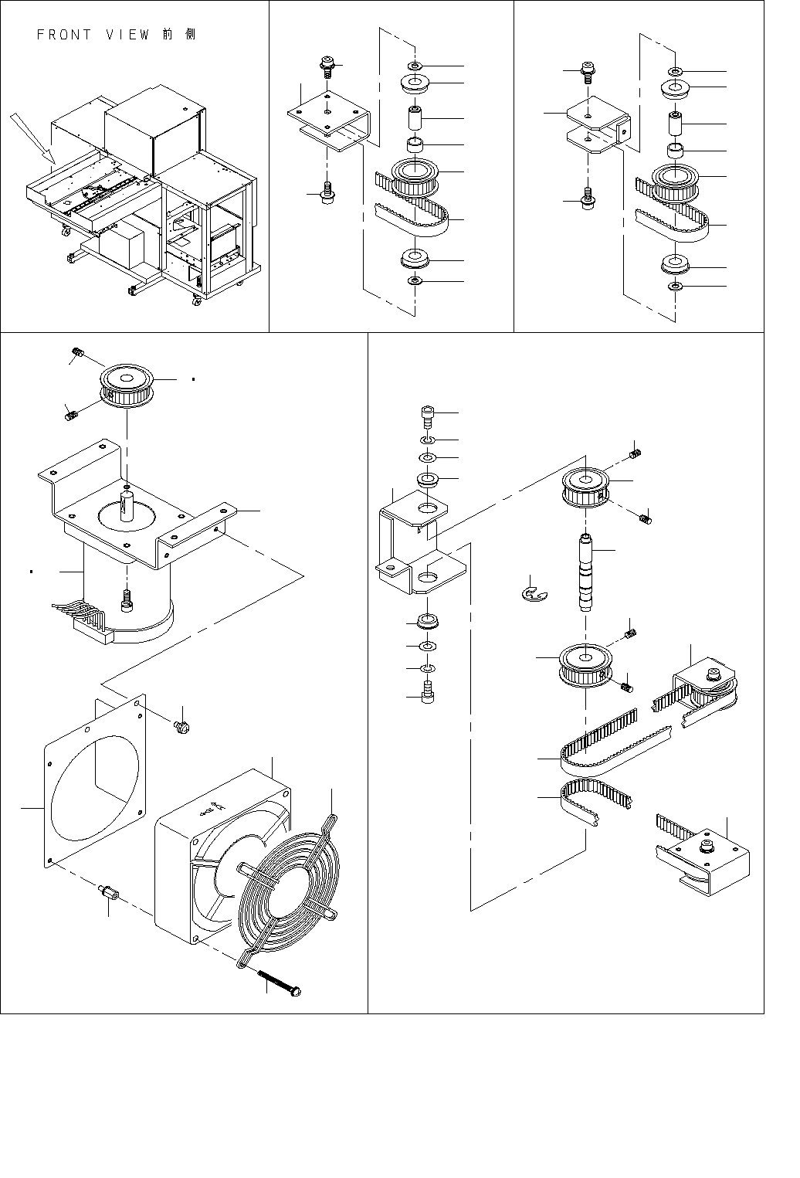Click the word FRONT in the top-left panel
click(64, 35)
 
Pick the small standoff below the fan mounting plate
click(107, 895)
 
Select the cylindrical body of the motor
click(124, 595)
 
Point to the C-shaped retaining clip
click(532, 594)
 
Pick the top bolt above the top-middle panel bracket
click(327, 67)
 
